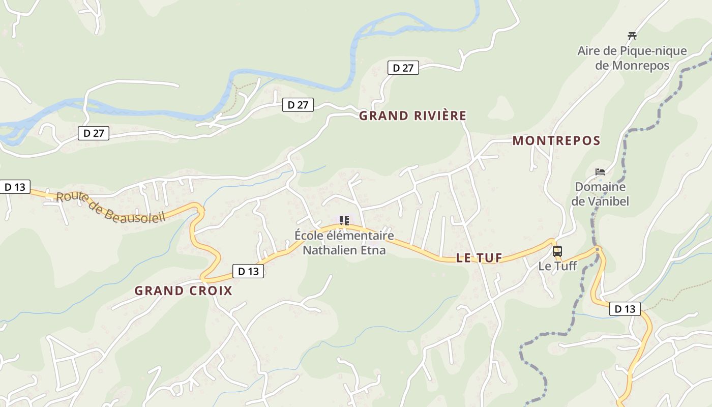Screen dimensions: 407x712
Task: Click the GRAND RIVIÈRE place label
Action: pyautogui.click(x=412, y=116)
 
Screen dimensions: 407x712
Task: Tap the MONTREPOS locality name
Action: pyautogui.click(x=556, y=141)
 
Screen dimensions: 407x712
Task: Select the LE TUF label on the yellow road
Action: pyautogui.click(x=479, y=258)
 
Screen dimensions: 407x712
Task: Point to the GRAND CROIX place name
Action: pyautogui.click(x=183, y=291)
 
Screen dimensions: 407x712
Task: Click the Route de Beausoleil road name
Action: pyautogui.click(x=111, y=207)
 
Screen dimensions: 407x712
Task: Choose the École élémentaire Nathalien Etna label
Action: pyautogui.click(x=344, y=243)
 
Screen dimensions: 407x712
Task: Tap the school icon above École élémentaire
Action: pyautogui.click(x=344, y=221)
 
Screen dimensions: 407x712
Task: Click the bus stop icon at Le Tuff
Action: pyautogui.click(x=557, y=251)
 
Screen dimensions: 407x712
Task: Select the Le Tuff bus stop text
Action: pyautogui.click(x=557, y=266)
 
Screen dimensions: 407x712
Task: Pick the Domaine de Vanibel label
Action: pyautogui.click(x=600, y=194)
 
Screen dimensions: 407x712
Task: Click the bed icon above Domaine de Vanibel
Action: pyautogui.click(x=600, y=172)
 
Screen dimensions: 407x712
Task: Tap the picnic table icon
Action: pyautogui.click(x=632, y=36)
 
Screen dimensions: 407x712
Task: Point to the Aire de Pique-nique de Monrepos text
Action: pyautogui.click(x=632, y=58)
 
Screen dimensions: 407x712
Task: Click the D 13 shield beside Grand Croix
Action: pyautogui.click(x=248, y=271)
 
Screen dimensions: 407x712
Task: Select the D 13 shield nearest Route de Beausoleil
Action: pyautogui.click(x=15, y=187)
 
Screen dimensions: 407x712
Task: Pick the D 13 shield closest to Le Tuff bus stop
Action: pyautogui.click(x=625, y=309)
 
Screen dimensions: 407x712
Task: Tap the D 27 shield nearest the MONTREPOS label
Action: pyautogui.click(x=403, y=68)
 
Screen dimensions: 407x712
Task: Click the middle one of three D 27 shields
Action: pyautogui.click(x=298, y=105)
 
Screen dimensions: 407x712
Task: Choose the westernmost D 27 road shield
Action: pyautogui.click(x=94, y=133)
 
